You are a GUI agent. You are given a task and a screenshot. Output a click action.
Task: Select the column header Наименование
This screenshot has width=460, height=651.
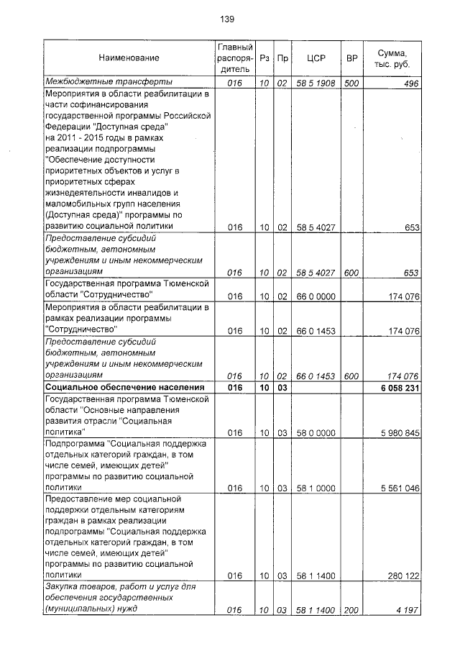point(129,58)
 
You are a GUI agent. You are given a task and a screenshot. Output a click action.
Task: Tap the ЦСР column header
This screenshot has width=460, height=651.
point(316,58)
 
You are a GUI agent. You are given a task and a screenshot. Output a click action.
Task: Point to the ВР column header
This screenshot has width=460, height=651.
point(351,58)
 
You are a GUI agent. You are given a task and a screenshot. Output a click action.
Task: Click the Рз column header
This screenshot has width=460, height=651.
point(264,58)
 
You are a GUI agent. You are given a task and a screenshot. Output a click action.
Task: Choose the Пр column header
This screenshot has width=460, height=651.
point(282,58)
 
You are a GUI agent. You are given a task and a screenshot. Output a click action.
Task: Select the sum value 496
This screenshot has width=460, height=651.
point(410,83)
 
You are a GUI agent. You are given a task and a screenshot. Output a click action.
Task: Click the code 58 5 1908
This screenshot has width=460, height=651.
point(316,83)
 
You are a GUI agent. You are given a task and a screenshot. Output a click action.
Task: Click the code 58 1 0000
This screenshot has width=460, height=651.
point(316,488)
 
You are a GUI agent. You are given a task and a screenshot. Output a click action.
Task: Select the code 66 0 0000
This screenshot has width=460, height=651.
point(316,296)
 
